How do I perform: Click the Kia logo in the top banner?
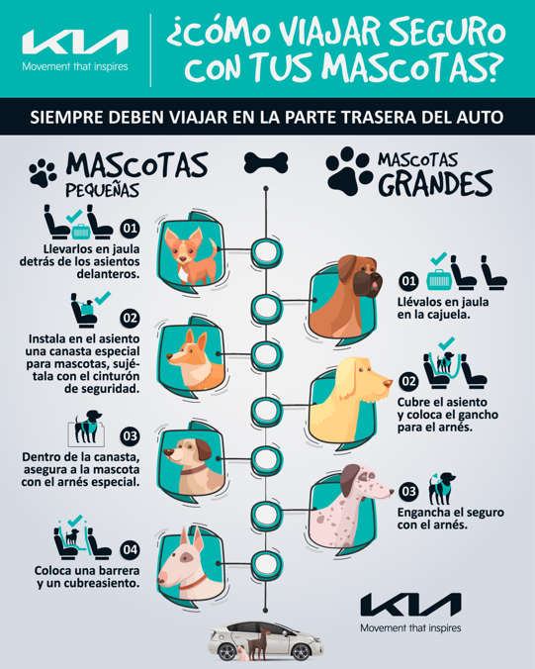pyautogui.click(x=74, y=41)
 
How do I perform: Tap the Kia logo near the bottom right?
pyautogui.click(x=409, y=604)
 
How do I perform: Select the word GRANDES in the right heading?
pyautogui.click(x=436, y=183)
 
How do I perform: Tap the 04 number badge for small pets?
pyautogui.click(x=130, y=550)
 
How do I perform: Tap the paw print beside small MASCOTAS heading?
pyautogui.click(x=43, y=173)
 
